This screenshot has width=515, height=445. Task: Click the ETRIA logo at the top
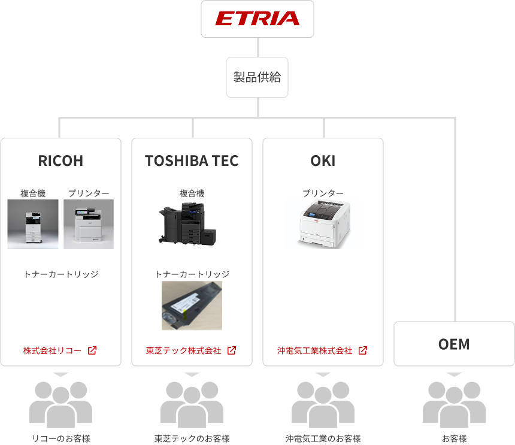click(x=257, y=19)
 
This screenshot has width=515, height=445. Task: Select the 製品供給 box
click(x=257, y=77)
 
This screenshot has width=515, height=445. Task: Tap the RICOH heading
click(x=60, y=161)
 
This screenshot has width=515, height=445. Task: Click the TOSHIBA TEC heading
click(x=192, y=161)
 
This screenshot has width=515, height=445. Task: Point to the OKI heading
click(x=323, y=161)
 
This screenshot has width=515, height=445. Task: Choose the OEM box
click(x=454, y=344)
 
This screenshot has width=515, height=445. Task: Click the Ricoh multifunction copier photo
click(x=33, y=224)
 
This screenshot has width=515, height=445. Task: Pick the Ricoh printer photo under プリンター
click(x=89, y=224)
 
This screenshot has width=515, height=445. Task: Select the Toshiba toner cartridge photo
click(x=192, y=305)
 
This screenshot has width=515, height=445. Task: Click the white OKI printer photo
click(x=323, y=224)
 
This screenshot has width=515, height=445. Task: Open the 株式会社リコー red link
click(x=52, y=350)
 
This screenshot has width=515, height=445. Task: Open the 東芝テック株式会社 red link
click(x=183, y=350)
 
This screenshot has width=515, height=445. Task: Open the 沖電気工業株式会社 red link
click(x=314, y=350)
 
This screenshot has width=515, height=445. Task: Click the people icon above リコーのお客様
click(x=60, y=403)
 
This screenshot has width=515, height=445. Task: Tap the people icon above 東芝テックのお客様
click(x=192, y=403)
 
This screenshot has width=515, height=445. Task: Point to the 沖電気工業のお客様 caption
click(x=323, y=438)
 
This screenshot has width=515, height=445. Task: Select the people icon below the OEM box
click(x=454, y=403)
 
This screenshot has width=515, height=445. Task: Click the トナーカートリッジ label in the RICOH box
click(x=60, y=274)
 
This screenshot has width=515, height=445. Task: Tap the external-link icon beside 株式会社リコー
click(x=92, y=350)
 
